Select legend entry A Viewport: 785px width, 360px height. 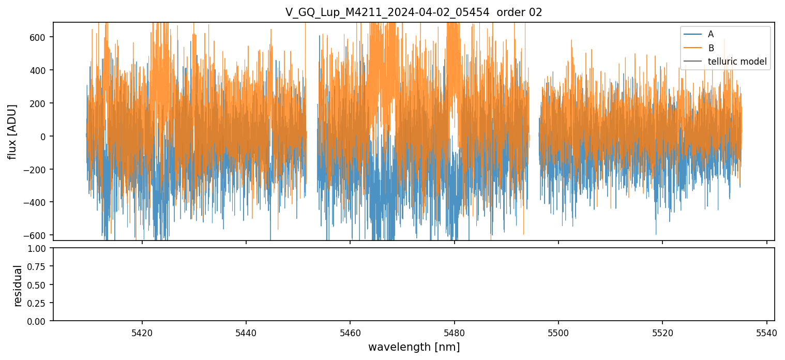point(711,34)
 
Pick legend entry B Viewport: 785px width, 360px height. point(711,48)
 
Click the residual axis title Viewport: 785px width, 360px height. point(18,286)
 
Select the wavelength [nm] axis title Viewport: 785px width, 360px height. point(414,347)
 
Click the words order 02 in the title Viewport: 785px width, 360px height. point(519,13)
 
